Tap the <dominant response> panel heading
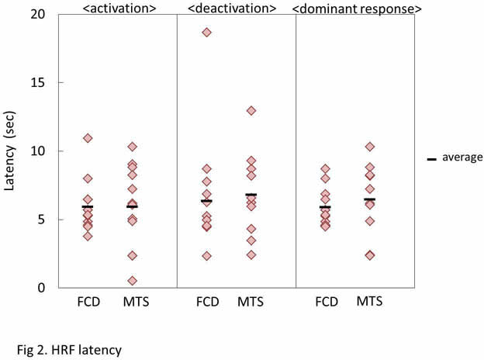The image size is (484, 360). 356,9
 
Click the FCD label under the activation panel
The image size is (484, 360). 88,302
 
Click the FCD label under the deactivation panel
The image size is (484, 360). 206,302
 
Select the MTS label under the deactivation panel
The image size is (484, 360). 251,302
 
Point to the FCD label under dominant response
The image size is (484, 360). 325,302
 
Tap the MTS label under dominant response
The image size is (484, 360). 370,302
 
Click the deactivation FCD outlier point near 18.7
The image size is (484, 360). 206,33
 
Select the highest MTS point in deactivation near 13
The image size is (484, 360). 251,111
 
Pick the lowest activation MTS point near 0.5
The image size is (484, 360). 133,281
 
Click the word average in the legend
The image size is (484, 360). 462,157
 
